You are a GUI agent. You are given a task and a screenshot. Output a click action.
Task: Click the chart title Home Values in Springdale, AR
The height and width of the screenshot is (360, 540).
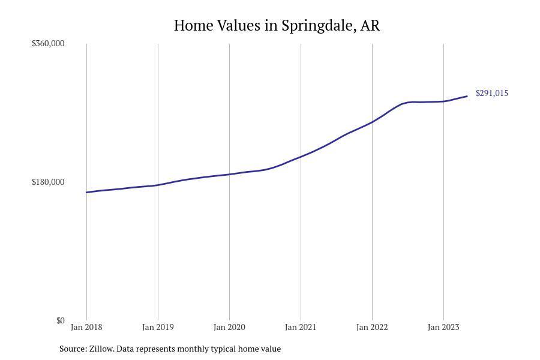tap(277, 26)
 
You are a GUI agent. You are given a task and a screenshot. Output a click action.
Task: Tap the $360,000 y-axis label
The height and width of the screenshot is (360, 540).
tap(48, 43)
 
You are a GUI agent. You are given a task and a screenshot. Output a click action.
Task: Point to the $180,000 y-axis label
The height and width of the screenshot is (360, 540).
tap(48, 182)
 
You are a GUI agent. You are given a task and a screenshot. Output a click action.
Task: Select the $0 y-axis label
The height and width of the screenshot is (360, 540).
tap(60, 320)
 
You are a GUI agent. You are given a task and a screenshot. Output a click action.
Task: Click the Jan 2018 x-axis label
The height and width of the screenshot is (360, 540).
tap(86, 328)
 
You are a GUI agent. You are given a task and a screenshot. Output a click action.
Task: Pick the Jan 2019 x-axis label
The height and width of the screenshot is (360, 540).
tap(158, 328)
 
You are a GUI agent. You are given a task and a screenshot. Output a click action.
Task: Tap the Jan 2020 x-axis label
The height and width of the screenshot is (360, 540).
tap(229, 328)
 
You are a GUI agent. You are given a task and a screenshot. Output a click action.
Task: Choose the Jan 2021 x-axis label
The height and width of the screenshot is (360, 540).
tap(301, 328)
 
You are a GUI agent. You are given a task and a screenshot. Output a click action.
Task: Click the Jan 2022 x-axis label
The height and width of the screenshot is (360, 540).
tap(372, 328)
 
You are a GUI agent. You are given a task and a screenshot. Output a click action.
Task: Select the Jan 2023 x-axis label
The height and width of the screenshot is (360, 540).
tap(443, 328)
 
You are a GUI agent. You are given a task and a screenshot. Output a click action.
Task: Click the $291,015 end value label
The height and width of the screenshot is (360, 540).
tap(492, 93)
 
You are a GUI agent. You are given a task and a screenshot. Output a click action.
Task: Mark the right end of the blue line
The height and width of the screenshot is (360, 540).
tap(467, 97)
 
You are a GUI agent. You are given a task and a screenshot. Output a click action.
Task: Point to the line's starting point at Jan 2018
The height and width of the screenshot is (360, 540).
tap(86, 193)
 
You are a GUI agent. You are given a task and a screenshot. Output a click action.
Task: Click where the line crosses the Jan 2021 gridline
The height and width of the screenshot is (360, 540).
tap(301, 156)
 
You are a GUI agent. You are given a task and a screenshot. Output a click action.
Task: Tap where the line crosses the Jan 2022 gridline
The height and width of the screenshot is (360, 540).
tap(372, 122)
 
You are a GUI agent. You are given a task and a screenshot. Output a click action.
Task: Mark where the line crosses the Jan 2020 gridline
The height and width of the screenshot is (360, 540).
tap(229, 174)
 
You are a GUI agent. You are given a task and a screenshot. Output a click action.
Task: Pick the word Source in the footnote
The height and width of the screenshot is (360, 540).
tap(72, 349)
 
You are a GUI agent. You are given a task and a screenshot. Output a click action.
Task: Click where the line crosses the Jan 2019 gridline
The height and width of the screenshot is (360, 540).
tap(158, 185)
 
